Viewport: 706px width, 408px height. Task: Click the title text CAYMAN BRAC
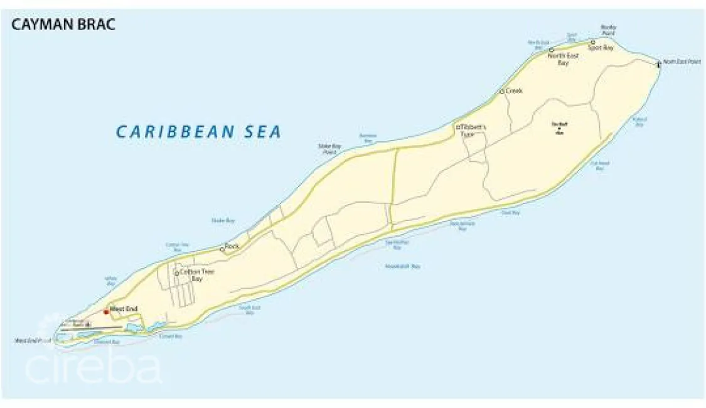(63, 25)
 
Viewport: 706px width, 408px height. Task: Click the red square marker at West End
(106, 311)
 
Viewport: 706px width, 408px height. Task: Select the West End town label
(124, 308)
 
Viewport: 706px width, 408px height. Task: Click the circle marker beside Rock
(222, 249)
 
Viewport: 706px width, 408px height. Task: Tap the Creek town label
(515, 90)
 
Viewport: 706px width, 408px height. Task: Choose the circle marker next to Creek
(501, 92)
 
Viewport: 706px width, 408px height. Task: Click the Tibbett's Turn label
(474, 130)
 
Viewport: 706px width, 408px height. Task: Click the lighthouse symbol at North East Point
(658, 63)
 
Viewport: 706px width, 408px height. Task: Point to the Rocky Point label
(608, 30)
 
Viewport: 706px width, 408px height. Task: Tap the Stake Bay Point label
(329, 148)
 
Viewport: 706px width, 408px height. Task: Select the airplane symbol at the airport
(87, 324)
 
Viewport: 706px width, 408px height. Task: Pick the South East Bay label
(250, 309)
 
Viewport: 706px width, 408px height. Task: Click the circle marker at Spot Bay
(592, 43)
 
